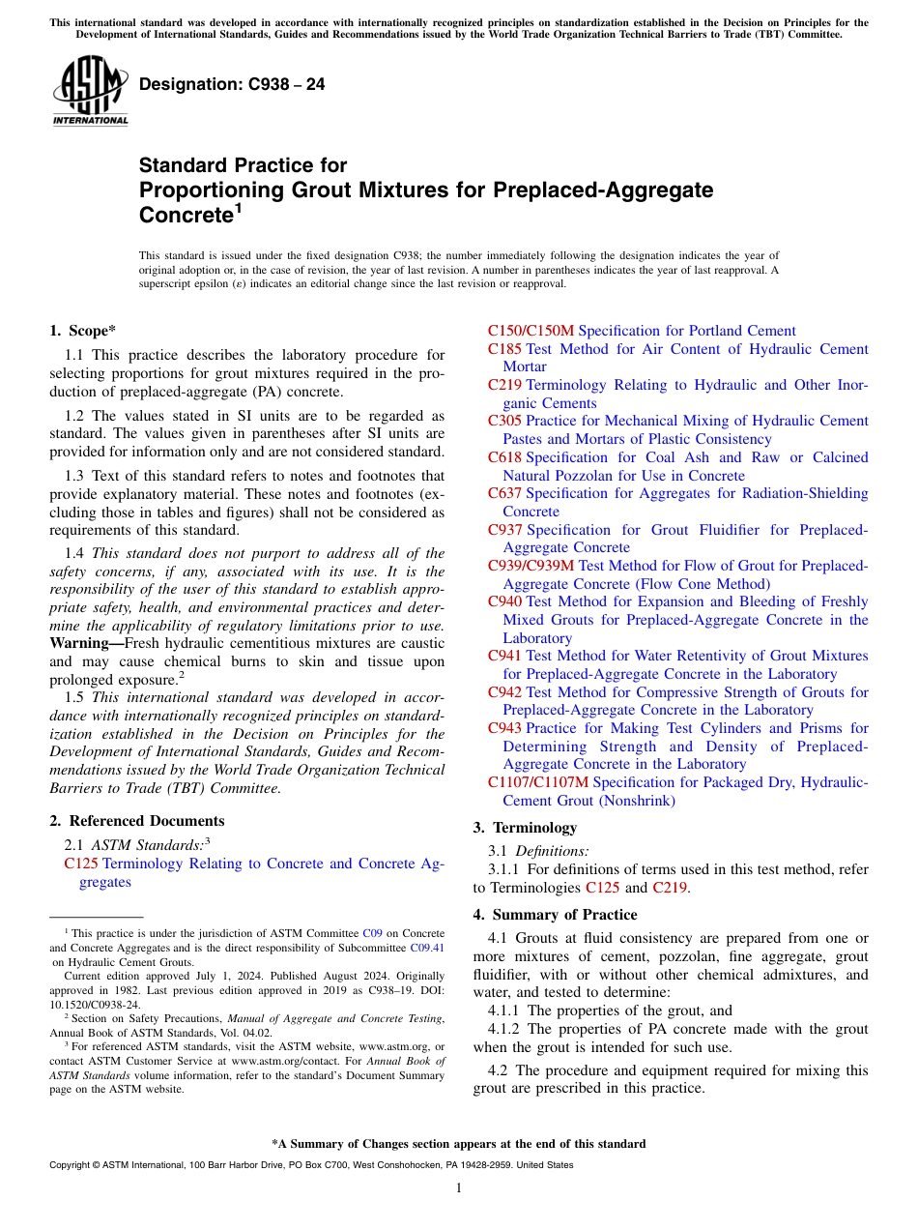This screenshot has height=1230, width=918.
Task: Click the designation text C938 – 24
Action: [232, 84]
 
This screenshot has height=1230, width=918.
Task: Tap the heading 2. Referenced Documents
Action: [136, 821]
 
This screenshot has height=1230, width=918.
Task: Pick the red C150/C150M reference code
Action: [531, 331]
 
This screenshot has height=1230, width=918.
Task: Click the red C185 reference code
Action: [504, 349]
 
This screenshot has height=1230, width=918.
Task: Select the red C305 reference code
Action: [504, 421]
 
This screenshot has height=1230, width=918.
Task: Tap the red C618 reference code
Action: [504, 457]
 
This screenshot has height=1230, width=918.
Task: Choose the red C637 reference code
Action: [504, 493]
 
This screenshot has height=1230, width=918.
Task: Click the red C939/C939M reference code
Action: [531, 566]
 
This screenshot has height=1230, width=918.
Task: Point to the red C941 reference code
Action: [504, 656]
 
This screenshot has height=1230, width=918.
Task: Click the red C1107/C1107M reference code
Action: [537, 782]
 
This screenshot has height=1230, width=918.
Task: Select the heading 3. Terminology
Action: [525, 828]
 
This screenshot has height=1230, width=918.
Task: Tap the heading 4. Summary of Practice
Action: [555, 915]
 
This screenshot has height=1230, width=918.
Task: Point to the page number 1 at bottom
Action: [459, 1188]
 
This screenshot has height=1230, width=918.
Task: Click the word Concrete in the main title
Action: [184, 213]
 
